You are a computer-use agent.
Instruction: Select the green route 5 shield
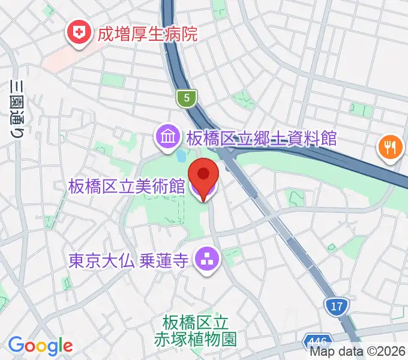(x=187, y=98)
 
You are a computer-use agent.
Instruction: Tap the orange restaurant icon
(x=390, y=146)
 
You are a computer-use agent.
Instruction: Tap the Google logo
(x=40, y=346)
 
